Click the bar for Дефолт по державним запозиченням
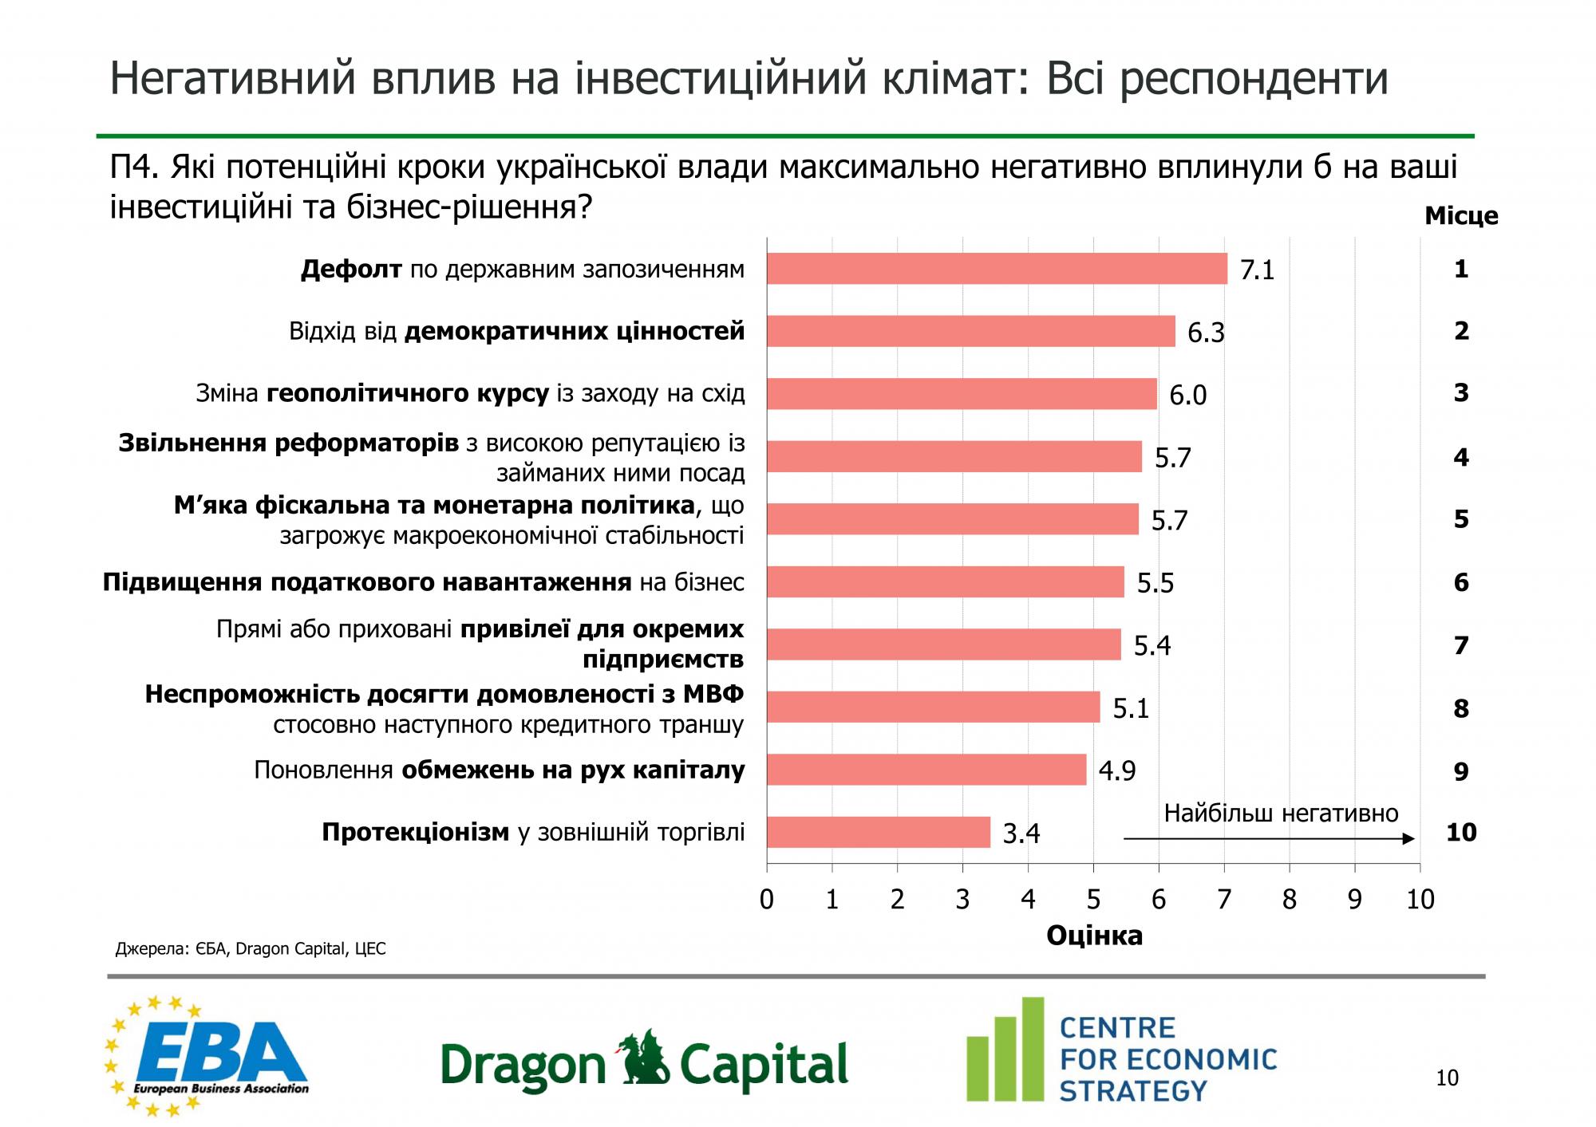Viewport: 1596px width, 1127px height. click(x=997, y=269)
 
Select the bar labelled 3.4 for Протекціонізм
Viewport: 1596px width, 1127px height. click(x=878, y=832)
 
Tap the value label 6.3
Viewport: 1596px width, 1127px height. click(x=1206, y=333)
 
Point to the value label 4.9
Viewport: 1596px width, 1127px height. click(x=1116, y=771)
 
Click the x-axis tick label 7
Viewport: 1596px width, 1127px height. click(x=1223, y=900)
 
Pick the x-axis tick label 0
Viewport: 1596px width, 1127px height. click(x=767, y=900)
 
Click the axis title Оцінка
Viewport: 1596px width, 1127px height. click(x=1094, y=936)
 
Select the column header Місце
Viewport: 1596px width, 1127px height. click(x=1461, y=216)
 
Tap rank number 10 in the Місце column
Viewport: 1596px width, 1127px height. click(x=1461, y=833)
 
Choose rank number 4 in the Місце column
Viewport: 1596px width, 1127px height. click(x=1461, y=457)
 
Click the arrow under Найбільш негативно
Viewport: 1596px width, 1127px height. click(x=1269, y=838)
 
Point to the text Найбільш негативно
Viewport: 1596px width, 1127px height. click(x=1281, y=814)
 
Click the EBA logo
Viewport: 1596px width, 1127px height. click(x=207, y=1057)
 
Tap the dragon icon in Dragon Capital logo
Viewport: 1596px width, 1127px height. click(x=643, y=1061)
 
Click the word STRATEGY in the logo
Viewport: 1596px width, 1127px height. click(x=1133, y=1091)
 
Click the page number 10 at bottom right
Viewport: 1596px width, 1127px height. click(x=1447, y=1078)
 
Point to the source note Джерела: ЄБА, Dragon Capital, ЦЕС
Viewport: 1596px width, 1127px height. click(x=251, y=949)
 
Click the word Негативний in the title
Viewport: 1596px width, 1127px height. click(x=231, y=79)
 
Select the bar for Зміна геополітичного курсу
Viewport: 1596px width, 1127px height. click(x=962, y=394)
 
